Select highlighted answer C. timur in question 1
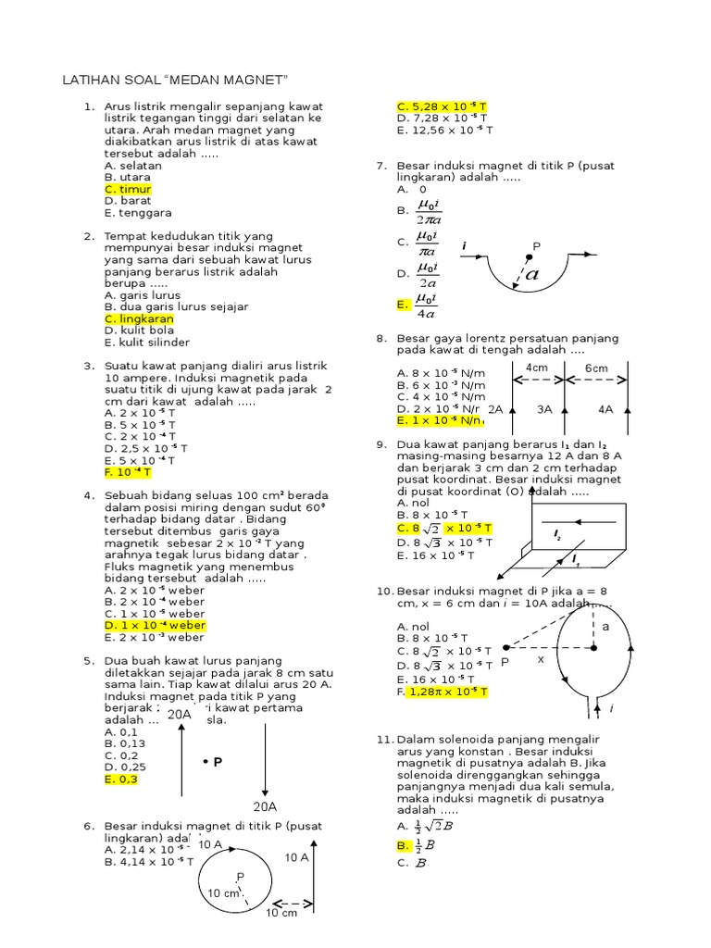pos(128,189)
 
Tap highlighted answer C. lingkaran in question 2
pos(139,319)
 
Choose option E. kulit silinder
pos(144,342)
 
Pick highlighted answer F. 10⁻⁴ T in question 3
pos(128,472)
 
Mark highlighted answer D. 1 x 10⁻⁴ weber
pos(155,625)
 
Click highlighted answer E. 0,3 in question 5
pos(120,780)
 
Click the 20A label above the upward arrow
pos(180,714)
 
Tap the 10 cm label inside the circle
pos(223,893)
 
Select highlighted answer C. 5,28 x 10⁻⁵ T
pos(442,106)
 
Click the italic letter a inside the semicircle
pos(531,274)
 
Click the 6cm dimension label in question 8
pos(596,368)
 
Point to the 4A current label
pos(605,408)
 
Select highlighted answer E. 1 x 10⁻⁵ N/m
pos(441,420)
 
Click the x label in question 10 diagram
pos(541,660)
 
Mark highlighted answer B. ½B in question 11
pos(416,844)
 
